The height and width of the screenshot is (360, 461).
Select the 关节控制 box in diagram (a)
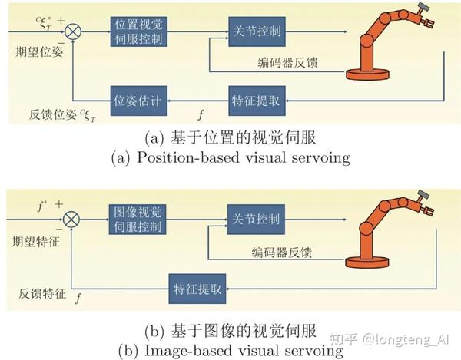(257, 31)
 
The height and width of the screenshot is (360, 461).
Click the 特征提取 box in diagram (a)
(256, 100)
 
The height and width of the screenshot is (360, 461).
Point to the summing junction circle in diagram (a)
(75, 32)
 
